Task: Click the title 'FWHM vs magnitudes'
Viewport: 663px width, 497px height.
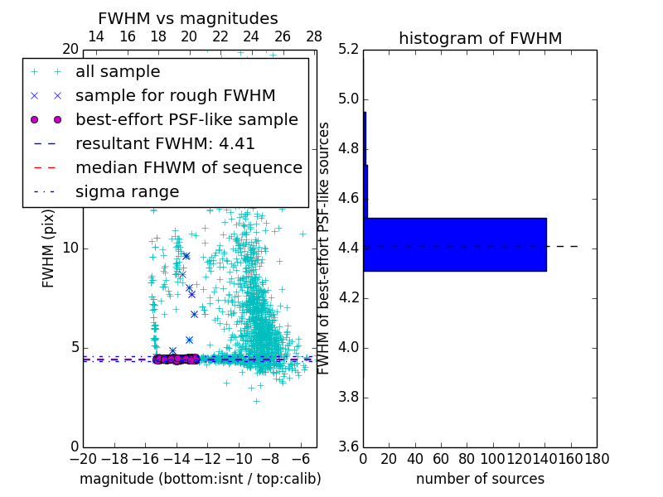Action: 188,19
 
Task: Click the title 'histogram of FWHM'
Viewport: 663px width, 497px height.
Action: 480,38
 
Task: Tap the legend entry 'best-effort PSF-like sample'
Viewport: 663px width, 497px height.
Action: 186,119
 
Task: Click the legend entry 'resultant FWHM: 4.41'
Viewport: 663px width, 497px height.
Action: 165,143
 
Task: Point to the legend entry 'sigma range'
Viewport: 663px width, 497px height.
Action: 127,192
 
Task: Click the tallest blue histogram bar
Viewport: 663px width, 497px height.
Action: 454,244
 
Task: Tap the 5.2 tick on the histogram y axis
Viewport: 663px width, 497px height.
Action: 349,50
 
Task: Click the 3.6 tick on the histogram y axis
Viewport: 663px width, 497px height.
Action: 349,446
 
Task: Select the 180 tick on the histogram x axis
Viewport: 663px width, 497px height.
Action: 597,459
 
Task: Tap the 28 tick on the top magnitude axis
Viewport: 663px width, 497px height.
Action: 314,37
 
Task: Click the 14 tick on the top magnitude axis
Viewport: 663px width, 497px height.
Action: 96,37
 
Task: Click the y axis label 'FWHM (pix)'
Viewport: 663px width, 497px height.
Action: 49,248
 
